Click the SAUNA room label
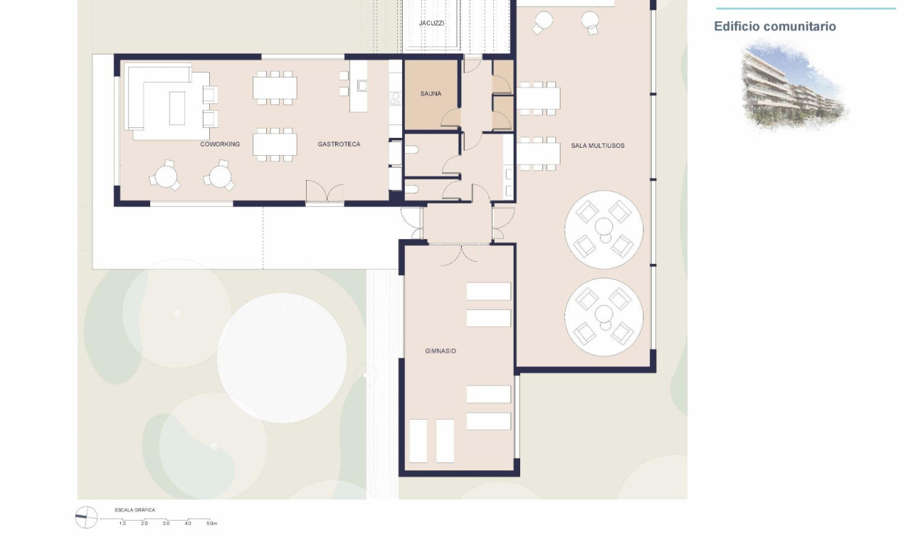[431, 94]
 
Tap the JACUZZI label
[431, 23]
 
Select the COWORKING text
[220, 144]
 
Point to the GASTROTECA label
[339, 144]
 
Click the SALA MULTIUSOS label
[597, 146]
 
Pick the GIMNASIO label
[440, 351]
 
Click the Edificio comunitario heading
[775, 26]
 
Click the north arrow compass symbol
[86, 516]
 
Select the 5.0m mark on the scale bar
[211, 523]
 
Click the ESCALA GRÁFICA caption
[134, 510]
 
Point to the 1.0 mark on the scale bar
[122, 523]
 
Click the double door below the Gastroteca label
[325, 193]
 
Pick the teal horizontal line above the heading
[805, 9]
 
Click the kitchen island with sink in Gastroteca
[359, 85]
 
